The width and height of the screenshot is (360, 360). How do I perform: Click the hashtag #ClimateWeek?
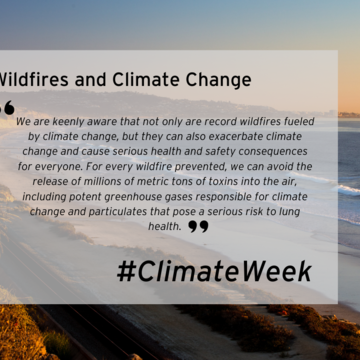pos(213,270)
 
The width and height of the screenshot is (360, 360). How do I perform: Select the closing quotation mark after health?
pos(198,227)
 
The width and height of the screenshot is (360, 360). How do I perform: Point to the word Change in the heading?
pos(218,78)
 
